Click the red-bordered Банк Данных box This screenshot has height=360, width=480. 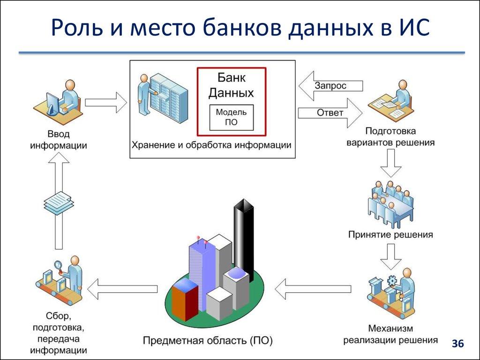pyautogui.click(x=232, y=101)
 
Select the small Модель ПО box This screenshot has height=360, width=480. pyautogui.click(x=232, y=117)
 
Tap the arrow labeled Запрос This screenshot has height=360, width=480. pyautogui.click(x=330, y=86)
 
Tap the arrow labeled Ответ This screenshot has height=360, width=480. pyautogui.click(x=330, y=113)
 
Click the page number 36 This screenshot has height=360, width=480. pyautogui.click(x=457, y=344)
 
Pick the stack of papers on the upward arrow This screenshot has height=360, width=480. pyautogui.click(x=59, y=202)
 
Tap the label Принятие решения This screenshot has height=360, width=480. pyautogui.click(x=390, y=234)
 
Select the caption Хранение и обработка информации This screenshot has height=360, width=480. pyautogui.click(x=211, y=145)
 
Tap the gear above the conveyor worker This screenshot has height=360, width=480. pyautogui.click(x=392, y=280)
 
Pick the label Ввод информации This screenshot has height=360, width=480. pyautogui.click(x=59, y=140)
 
